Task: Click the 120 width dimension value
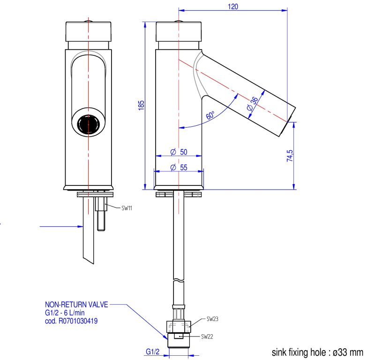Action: pos(233,6)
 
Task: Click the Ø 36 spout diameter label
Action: pos(251,103)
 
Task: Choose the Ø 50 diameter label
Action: pos(179,152)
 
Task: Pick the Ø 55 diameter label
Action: pos(179,168)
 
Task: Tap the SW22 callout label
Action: pos(207,337)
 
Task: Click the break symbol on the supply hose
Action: pos(178,281)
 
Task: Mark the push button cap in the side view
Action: pos(179,31)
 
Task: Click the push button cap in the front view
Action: pos(88,31)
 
